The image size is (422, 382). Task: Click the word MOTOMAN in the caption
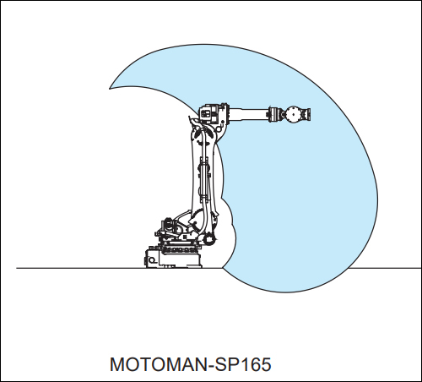click(x=159, y=364)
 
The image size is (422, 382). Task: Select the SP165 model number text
click(x=243, y=364)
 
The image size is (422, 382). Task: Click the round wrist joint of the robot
click(x=294, y=114)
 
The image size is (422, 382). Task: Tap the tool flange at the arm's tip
click(x=307, y=114)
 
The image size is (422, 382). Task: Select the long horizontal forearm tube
click(x=248, y=114)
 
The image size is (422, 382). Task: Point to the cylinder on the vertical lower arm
click(x=204, y=177)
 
